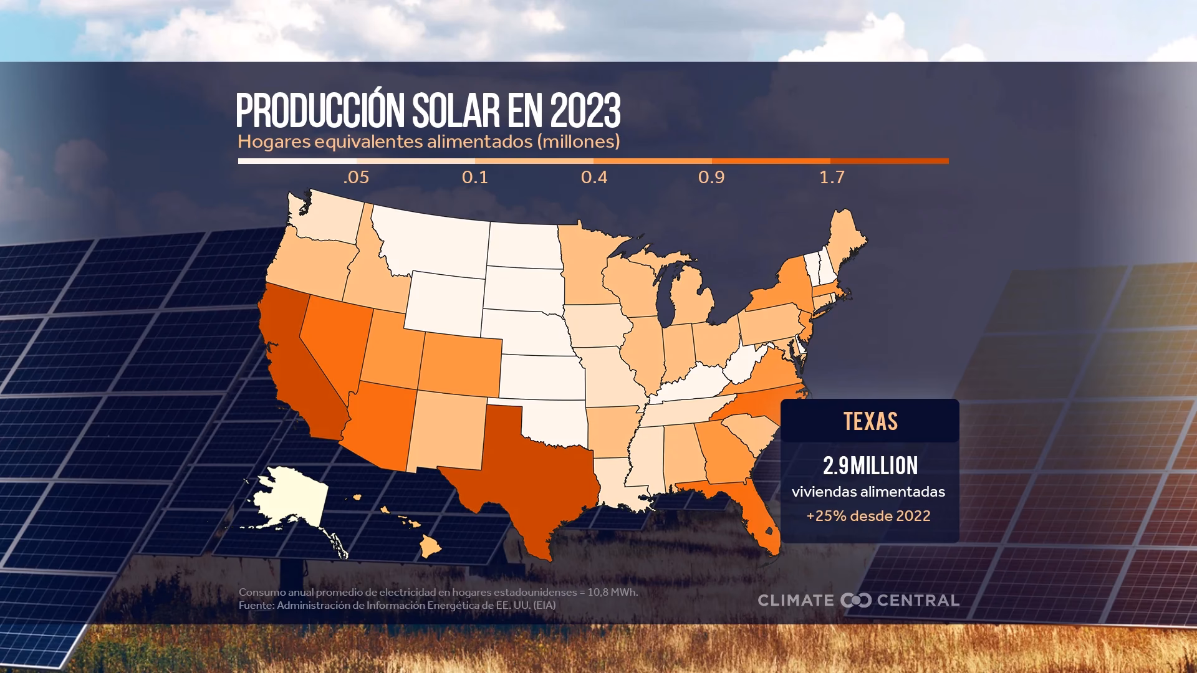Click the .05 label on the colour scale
[356, 178]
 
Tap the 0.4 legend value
[594, 178]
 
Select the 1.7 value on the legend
[832, 178]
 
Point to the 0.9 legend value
[711, 178]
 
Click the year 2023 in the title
[585, 112]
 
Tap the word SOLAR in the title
[455, 112]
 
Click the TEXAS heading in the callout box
[870, 422]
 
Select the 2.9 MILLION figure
[870, 465]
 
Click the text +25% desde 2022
[868, 516]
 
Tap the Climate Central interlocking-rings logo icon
[855, 601]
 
